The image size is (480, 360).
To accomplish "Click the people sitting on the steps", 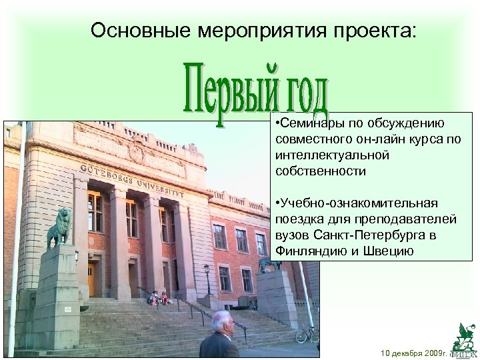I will point(158,298).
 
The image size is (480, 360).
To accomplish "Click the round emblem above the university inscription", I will point(137,151).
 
